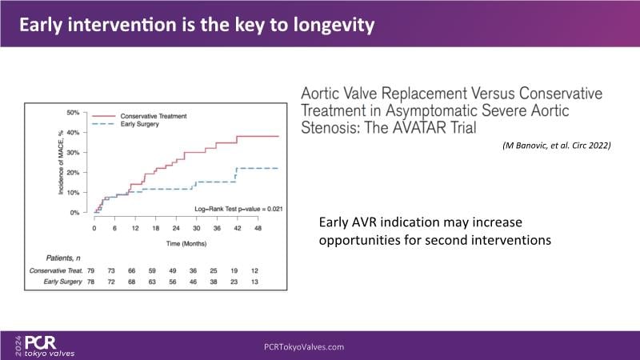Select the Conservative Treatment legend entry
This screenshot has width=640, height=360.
point(154,115)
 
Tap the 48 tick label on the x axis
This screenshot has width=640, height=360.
point(258,228)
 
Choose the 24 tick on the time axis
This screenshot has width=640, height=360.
point(176,228)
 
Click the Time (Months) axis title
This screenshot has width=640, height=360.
point(185,242)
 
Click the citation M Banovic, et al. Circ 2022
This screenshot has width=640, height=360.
point(558,146)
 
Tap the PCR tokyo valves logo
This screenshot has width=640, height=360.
point(44,345)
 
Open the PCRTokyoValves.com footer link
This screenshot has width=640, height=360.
point(304,346)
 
